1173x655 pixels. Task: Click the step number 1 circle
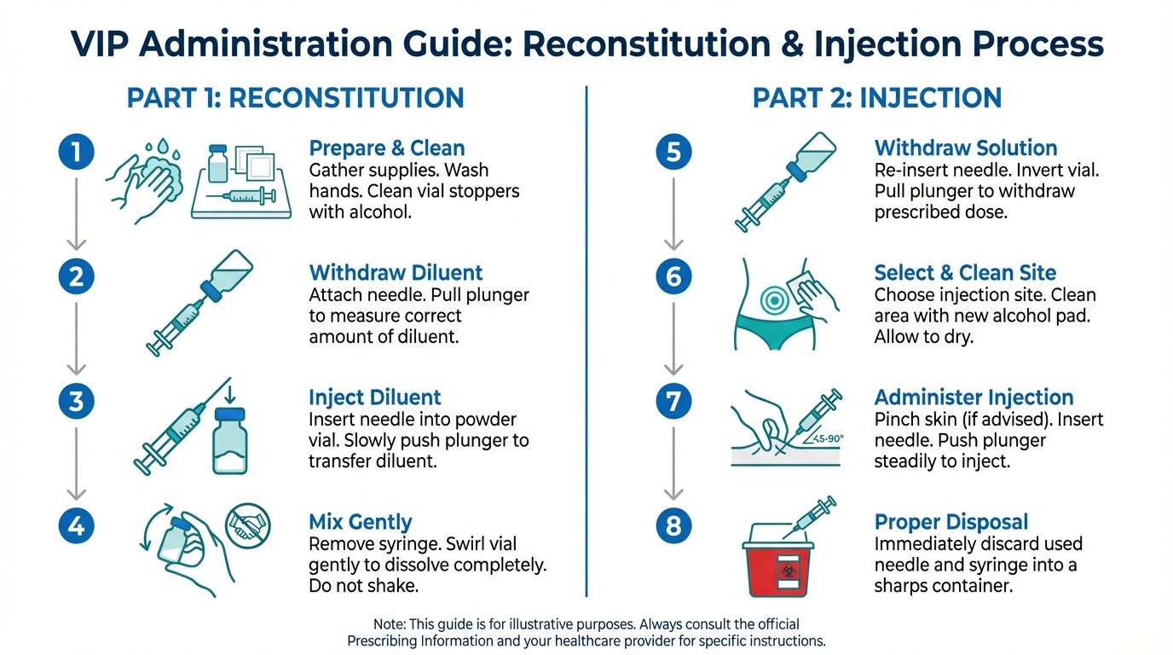coord(77,152)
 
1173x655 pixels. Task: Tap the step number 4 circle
coord(77,525)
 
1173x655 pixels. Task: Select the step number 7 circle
coord(673,402)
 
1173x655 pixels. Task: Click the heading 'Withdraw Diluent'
coord(396,273)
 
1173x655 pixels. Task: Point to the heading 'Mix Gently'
coord(361,523)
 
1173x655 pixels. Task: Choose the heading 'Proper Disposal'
coord(951,523)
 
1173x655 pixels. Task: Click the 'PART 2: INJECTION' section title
coord(877,98)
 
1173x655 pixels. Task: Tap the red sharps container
coord(778,559)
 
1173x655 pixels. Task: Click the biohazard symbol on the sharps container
coord(788,570)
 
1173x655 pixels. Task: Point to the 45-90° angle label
coord(828,438)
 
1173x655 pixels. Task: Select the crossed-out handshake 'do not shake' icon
coord(248,525)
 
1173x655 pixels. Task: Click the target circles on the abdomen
coord(774,300)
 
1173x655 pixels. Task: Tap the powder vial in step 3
coord(230,441)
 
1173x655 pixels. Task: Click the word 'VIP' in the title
coord(100,44)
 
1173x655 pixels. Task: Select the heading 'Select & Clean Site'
coord(965,273)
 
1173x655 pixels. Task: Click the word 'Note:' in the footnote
coord(389,624)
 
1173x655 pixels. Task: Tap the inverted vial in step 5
coord(812,156)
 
